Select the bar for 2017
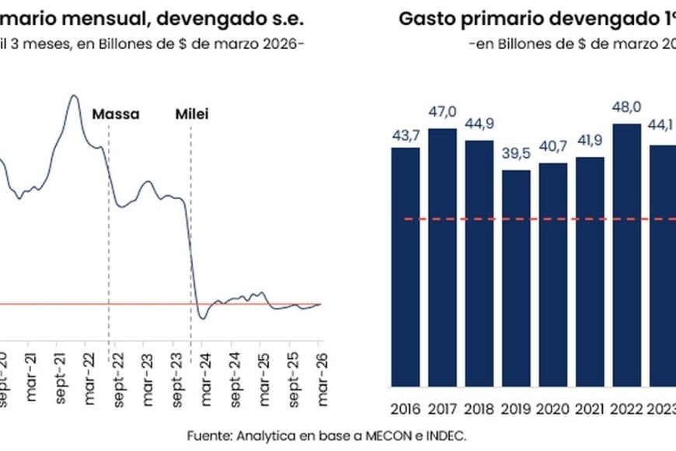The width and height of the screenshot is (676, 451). click(x=442, y=257)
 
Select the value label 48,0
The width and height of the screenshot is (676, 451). click(x=627, y=107)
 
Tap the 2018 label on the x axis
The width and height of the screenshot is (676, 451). click(x=479, y=408)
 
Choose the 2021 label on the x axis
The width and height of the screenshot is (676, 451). click(x=590, y=408)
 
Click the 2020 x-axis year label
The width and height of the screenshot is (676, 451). click(x=553, y=408)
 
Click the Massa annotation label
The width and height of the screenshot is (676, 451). click(x=116, y=114)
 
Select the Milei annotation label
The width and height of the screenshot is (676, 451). click(x=190, y=114)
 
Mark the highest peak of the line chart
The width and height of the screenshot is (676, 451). click(x=74, y=96)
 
